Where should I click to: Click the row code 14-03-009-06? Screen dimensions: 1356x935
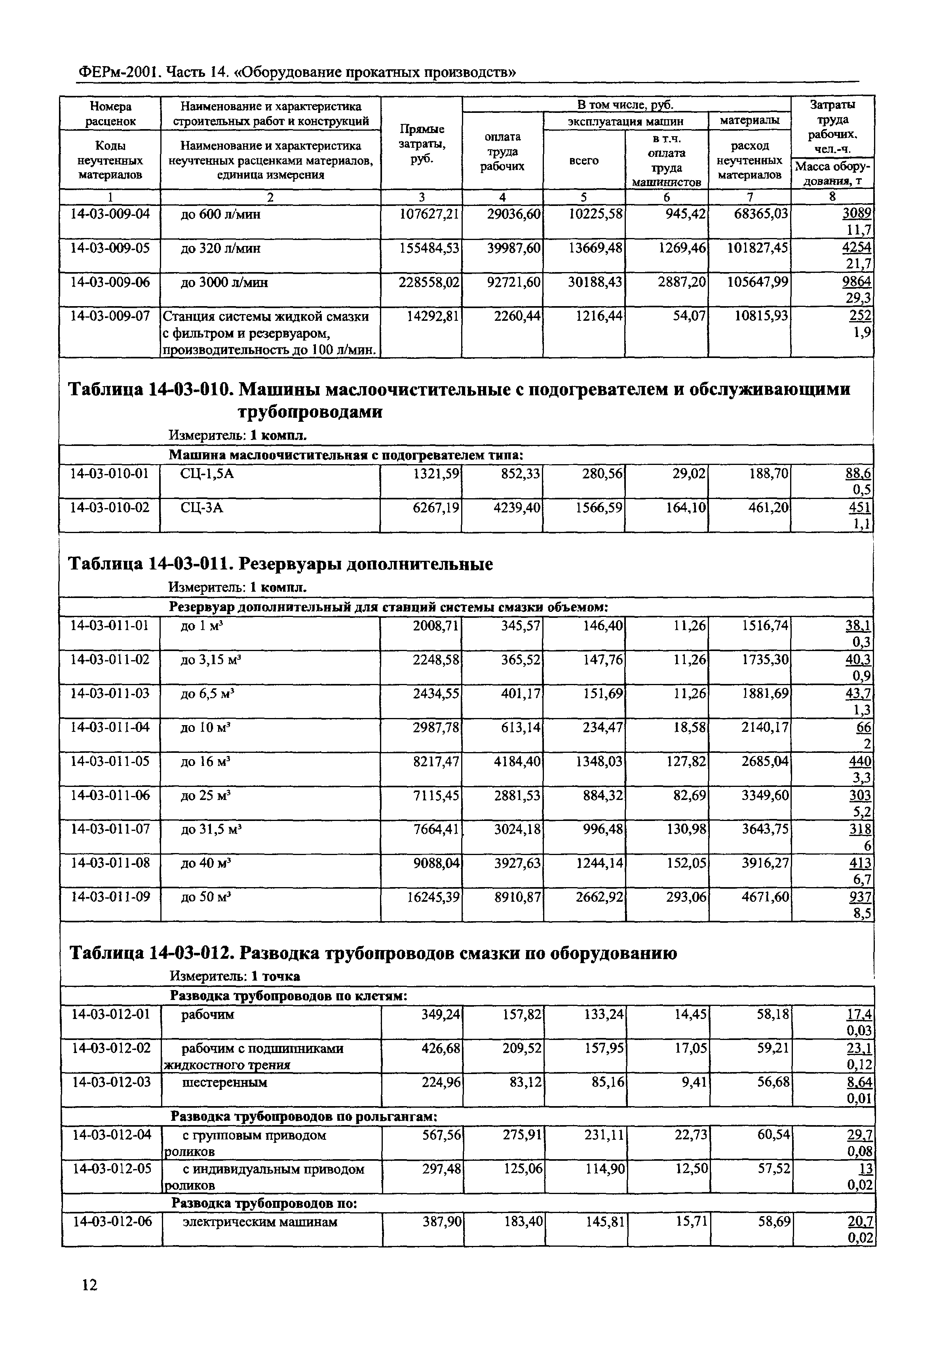(x=110, y=282)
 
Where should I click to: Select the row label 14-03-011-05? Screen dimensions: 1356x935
(x=110, y=761)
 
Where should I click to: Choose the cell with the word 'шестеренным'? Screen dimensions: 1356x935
(x=225, y=1082)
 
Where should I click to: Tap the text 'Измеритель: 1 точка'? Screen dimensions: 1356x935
(x=235, y=976)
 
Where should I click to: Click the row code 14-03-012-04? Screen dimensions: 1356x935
(x=111, y=1135)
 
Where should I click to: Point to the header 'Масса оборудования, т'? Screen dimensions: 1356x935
(x=832, y=173)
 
